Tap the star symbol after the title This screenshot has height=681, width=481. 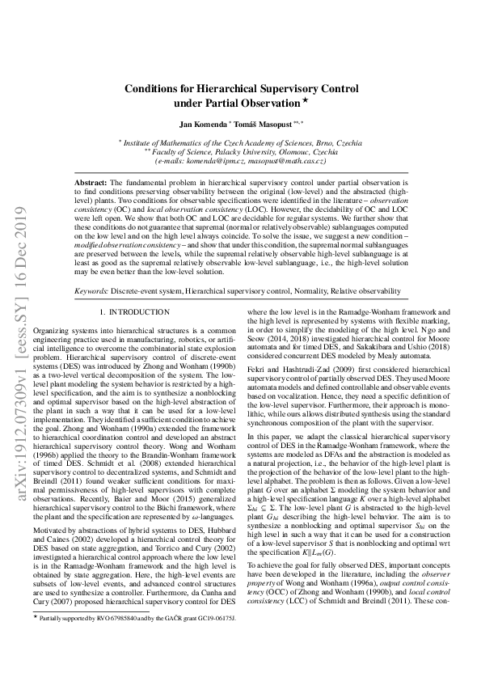[x=305, y=101]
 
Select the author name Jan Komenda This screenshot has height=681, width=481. [x=204, y=124]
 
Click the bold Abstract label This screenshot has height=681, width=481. [x=91, y=184]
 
